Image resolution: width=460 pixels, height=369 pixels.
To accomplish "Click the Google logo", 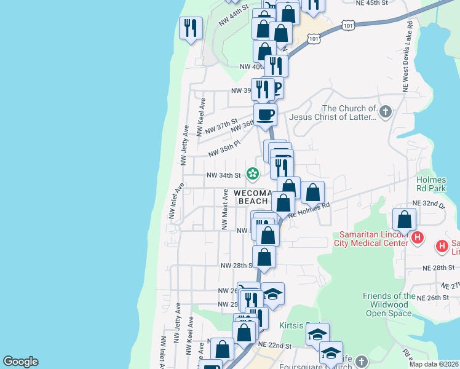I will (x=20, y=362).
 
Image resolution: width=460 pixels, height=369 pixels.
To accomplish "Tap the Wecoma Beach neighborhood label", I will (x=251, y=197).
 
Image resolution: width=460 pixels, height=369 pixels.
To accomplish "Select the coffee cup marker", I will (x=266, y=115).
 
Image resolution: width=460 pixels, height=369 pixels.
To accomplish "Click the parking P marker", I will (x=276, y=89).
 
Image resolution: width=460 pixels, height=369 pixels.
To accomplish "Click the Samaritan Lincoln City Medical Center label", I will (x=371, y=238).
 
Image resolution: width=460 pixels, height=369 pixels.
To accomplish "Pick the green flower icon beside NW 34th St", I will (x=253, y=174).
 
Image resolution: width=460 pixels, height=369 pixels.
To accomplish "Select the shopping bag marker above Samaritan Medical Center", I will (x=405, y=220).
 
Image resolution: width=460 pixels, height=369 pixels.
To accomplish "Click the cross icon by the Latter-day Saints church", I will (x=386, y=112).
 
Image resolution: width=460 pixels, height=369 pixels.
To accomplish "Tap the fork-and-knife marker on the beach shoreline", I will (x=191, y=28).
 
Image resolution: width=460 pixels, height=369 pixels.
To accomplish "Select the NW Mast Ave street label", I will (x=225, y=209).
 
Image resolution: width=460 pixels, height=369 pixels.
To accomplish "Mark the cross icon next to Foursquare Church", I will (x=362, y=362).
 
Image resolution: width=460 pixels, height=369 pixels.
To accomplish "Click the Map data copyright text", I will (x=433, y=364).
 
